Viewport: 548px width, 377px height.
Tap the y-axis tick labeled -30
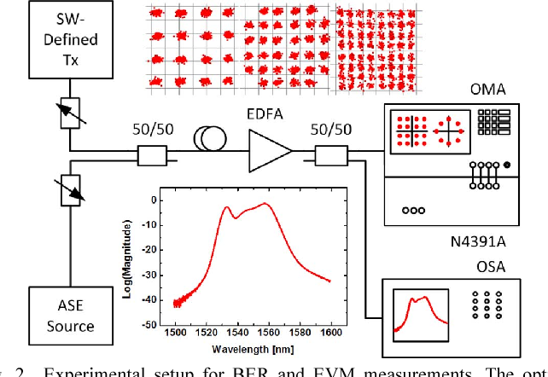[153, 275]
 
